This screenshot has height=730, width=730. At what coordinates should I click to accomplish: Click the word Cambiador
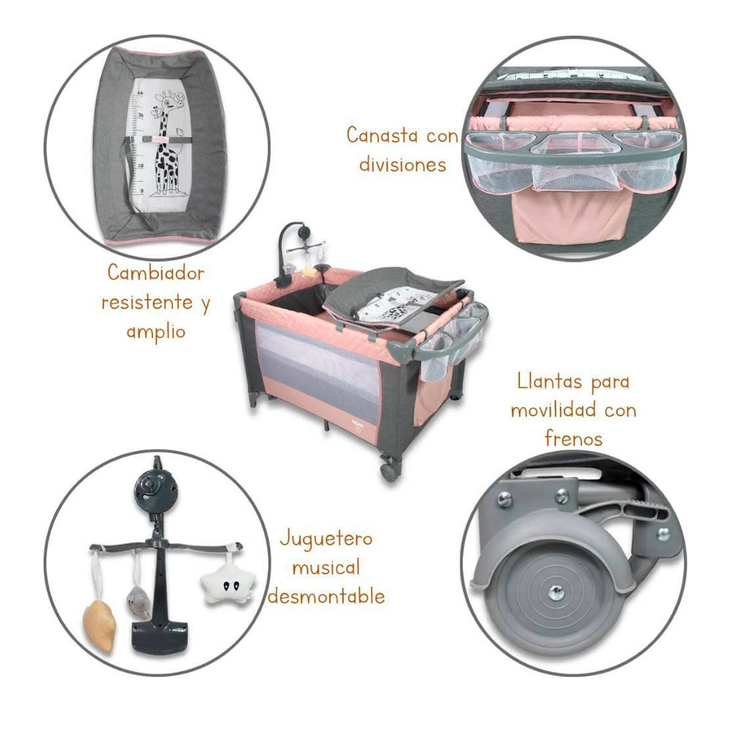click(156, 273)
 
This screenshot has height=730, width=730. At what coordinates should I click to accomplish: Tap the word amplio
click(156, 333)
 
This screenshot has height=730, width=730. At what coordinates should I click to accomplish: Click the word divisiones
click(402, 164)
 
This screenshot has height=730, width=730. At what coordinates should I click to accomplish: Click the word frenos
click(573, 439)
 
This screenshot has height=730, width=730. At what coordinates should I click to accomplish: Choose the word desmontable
click(326, 596)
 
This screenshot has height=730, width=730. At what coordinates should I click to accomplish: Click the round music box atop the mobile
click(155, 489)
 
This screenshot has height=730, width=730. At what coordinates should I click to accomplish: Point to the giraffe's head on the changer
click(172, 102)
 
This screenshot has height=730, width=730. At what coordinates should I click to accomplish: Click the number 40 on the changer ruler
click(141, 92)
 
